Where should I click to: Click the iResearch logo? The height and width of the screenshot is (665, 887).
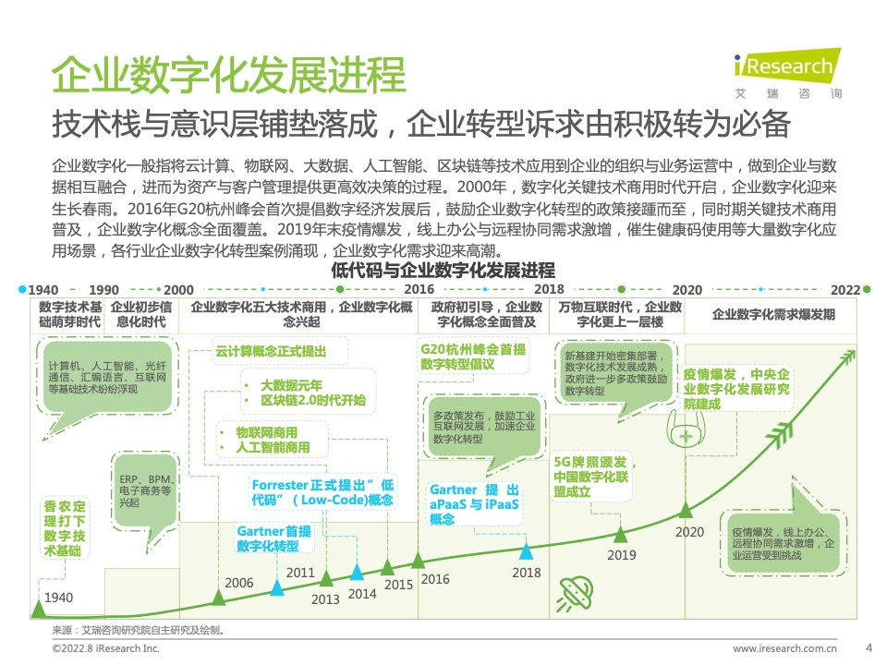787,73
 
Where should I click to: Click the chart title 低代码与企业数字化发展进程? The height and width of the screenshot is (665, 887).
443,271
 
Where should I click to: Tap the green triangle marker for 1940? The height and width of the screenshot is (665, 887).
38,609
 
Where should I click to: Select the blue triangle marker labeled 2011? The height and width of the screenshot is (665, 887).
276,587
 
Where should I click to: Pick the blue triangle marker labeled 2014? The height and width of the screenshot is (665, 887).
357,572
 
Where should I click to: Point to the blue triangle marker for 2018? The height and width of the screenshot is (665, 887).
526,551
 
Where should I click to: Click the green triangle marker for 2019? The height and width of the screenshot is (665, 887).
621,535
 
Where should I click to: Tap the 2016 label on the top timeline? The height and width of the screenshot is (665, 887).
419,289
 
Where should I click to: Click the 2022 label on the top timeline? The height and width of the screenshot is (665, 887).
845,290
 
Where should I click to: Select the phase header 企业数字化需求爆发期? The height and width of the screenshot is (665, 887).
773,314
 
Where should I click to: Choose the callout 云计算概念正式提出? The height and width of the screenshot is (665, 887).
271,351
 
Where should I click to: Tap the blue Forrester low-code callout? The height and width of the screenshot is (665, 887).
322,492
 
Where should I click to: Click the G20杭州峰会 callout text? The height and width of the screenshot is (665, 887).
473,357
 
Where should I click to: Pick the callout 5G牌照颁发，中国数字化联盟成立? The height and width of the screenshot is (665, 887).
592,477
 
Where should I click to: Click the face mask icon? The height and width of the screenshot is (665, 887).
686,428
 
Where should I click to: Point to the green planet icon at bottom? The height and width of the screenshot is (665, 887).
576,594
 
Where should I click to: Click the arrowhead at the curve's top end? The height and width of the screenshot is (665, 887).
849,357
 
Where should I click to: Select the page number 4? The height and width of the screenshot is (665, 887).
869,648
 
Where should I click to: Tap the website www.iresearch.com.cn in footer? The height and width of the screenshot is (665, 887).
784,648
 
